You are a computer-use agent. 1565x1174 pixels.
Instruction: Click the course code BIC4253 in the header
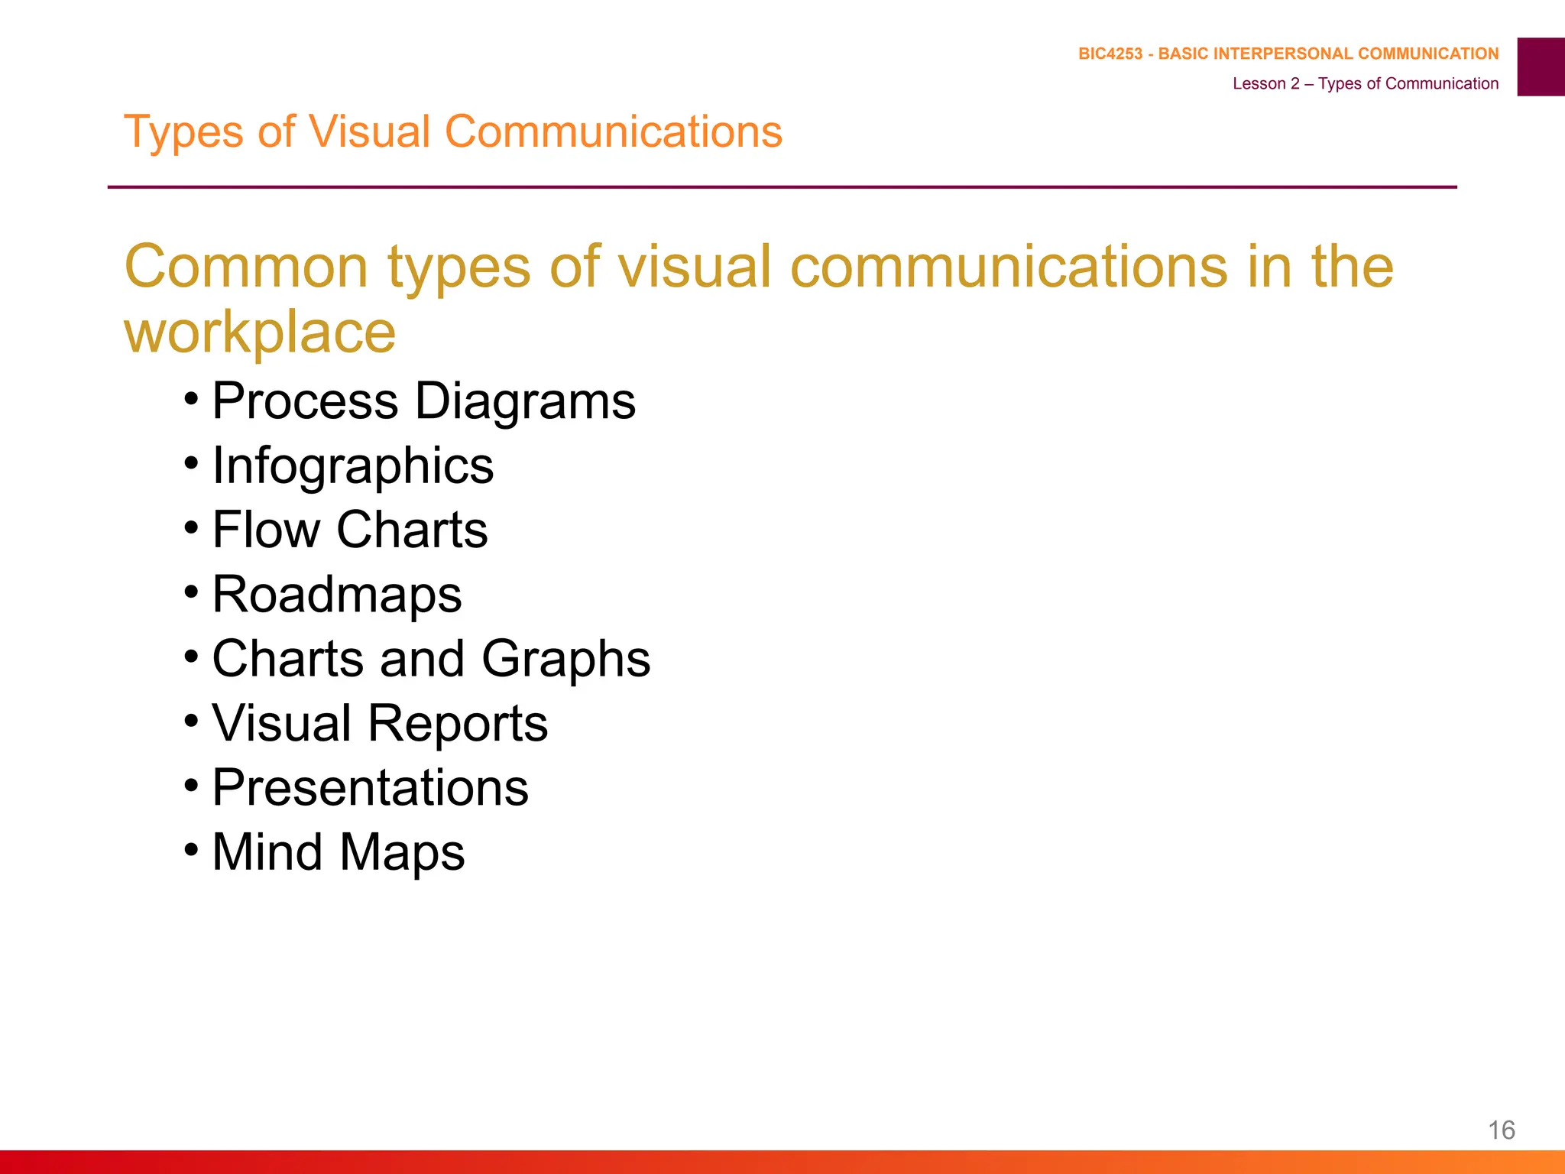coord(1110,54)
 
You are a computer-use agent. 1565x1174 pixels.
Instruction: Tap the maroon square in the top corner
coord(1541,66)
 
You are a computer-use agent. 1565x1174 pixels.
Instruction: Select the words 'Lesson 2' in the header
coord(1265,83)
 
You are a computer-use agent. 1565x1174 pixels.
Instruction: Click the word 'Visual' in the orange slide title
coord(369,131)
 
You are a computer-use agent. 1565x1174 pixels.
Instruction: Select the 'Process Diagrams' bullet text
coord(423,401)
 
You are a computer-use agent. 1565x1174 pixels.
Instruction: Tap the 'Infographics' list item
coord(352,465)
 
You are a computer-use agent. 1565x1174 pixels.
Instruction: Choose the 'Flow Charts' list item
coord(349,530)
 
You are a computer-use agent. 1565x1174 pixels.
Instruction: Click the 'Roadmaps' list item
coord(336,595)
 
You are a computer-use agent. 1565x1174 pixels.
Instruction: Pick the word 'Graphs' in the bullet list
coord(565,659)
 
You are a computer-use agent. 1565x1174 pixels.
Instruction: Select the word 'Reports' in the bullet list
coord(458,723)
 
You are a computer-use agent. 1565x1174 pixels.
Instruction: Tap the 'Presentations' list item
coord(370,787)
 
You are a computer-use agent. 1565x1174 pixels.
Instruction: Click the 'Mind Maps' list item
coord(338,852)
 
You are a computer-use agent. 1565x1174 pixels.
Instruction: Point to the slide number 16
coord(1502,1130)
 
